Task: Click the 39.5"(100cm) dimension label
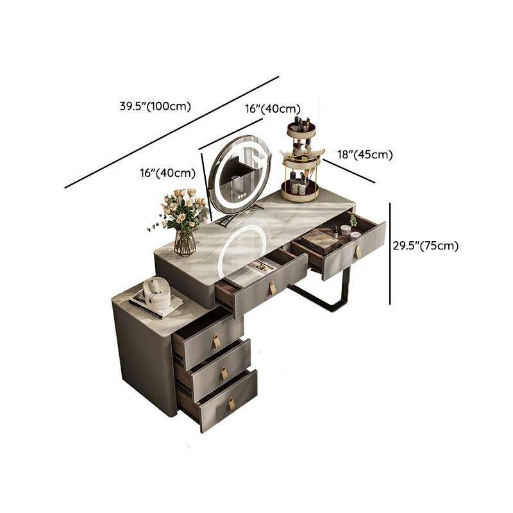point(155,106)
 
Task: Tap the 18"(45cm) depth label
point(365,154)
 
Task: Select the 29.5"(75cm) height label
point(426,246)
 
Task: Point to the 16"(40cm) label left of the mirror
point(168,172)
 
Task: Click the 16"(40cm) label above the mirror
point(273,108)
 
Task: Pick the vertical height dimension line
point(390,254)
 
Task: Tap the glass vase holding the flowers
point(185,243)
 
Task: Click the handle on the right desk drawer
point(358,252)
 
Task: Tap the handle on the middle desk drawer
point(272,287)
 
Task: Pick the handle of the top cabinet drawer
point(217,341)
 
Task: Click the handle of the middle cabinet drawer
point(224,373)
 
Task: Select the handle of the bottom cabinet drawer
point(231,403)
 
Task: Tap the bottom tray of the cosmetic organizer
point(300,192)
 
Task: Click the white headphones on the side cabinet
point(156,293)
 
